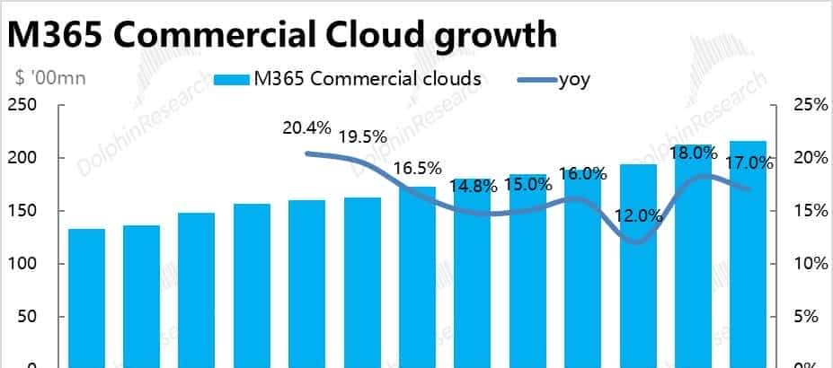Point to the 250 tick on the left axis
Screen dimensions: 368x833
click(22, 105)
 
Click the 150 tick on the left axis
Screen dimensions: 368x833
click(22, 211)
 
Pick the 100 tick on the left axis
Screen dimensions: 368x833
click(22, 264)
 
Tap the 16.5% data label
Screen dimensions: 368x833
click(417, 168)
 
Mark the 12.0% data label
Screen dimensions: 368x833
click(638, 215)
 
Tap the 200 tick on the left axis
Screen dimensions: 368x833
click(22, 158)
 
